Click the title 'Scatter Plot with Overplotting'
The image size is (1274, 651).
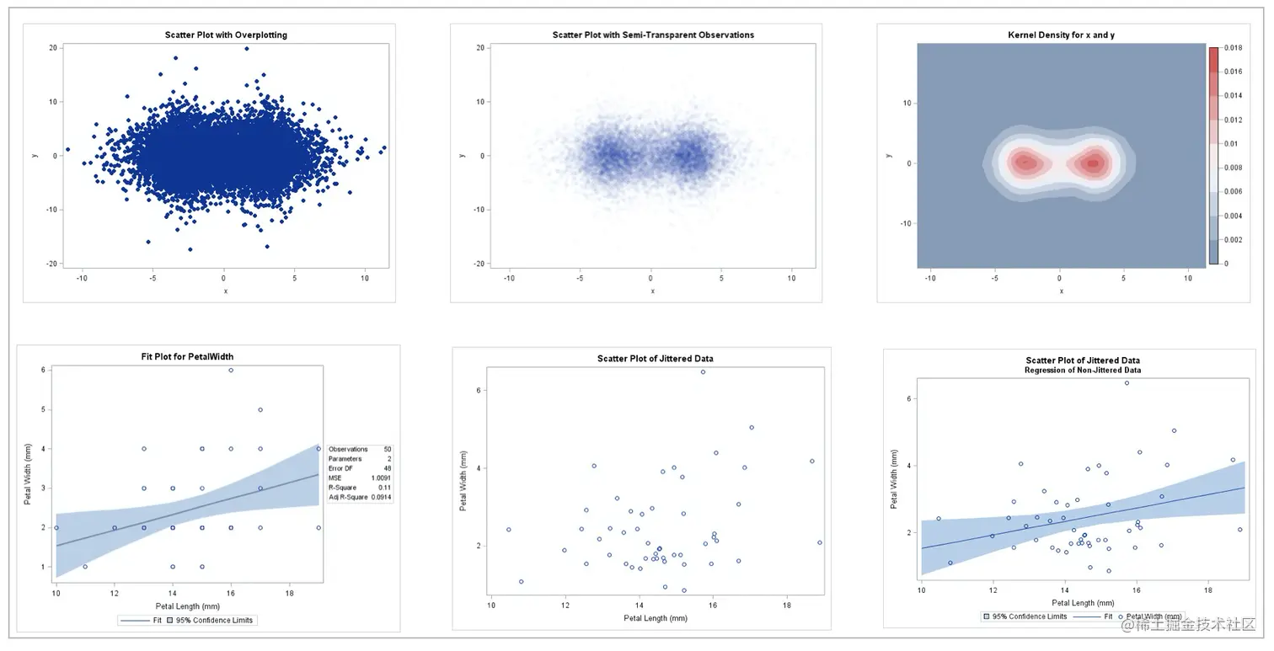(x=225, y=35)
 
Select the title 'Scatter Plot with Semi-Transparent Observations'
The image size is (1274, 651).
(x=653, y=35)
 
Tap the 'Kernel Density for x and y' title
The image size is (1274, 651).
(x=1061, y=35)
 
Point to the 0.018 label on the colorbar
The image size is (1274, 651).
(x=1232, y=49)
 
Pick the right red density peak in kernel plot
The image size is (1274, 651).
(x=1093, y=163)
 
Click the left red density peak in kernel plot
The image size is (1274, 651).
(x=1025, y=163)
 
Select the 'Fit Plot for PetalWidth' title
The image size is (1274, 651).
(x=187, y=356)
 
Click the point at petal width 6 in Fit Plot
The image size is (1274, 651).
(x=231, y=370)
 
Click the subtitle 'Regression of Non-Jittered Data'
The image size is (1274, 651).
(x=1083, y=371)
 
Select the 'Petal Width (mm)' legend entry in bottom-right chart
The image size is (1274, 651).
(x=1154, y=616)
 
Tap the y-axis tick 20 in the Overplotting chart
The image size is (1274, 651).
(x=52, y=48)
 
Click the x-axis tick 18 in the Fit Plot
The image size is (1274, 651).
(x=290, y=594)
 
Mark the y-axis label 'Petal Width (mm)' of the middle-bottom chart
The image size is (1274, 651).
(x=463, y=481)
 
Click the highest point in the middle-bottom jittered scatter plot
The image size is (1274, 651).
(x=703, y=371)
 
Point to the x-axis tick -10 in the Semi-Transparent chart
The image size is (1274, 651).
(x=508, y=277)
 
